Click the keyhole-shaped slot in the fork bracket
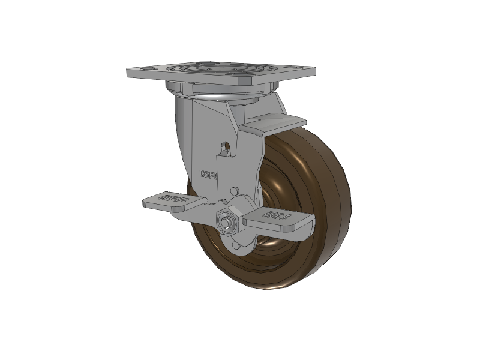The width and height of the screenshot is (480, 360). [x=225, y=146]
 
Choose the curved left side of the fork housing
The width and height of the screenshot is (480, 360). [x=183, y=144]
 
